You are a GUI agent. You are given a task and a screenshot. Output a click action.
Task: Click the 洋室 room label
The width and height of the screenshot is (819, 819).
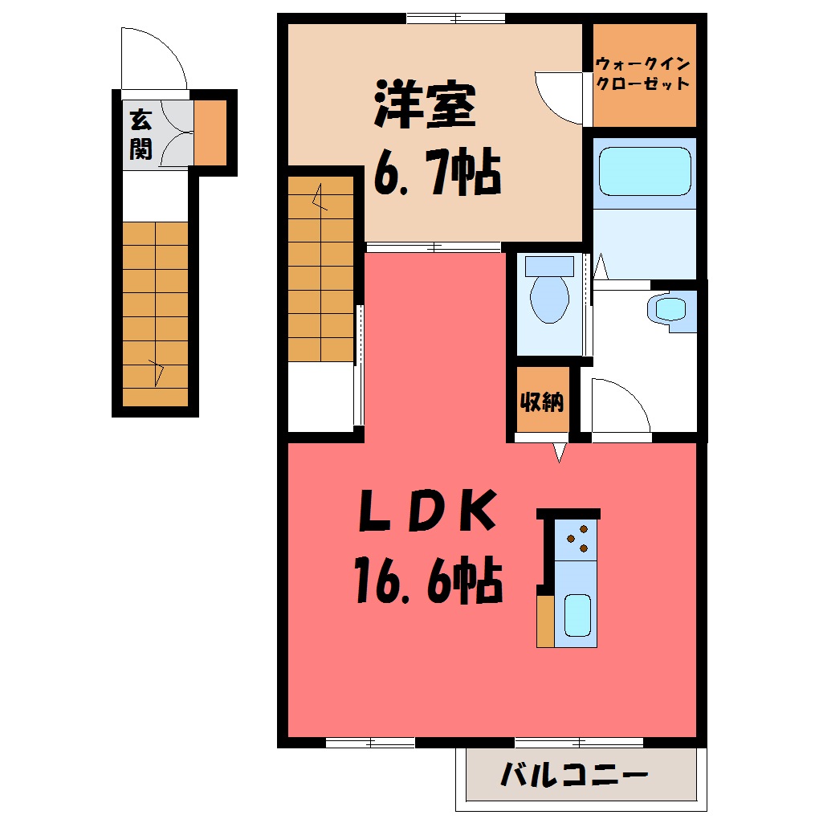425,104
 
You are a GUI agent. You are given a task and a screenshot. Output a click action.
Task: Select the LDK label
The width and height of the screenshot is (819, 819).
428,511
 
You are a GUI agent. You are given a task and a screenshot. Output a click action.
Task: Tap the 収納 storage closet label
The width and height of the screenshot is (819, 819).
542,401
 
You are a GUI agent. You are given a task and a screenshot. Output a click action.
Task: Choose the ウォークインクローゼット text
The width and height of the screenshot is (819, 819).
643,74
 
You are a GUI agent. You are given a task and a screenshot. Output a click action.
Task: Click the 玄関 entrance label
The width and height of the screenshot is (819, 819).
141,134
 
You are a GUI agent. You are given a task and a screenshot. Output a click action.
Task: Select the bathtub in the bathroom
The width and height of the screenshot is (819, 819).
645,171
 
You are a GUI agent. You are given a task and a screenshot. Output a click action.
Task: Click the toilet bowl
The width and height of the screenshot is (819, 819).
549,299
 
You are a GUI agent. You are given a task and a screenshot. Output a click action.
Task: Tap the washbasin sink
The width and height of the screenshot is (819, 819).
670,310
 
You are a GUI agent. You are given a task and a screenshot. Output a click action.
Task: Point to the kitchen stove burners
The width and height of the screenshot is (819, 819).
578,539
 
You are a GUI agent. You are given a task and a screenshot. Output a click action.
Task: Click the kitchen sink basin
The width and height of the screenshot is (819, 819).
577,615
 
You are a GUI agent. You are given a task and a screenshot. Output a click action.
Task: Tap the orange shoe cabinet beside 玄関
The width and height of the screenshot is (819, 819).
210,132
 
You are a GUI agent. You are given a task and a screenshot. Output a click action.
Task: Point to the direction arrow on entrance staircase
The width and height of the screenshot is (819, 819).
157,372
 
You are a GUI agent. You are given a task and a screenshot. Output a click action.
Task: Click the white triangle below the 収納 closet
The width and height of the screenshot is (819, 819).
560,452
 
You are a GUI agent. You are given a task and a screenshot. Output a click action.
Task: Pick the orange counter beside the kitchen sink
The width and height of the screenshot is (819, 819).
545,621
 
